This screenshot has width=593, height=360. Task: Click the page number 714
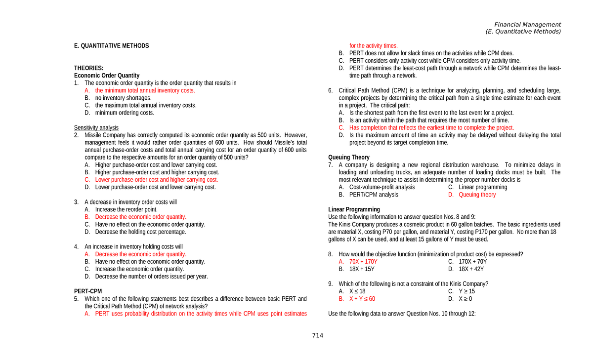click(317, 336)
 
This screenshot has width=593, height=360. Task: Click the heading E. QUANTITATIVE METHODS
click(111, 46)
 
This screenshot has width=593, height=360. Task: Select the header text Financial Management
click(528, 25)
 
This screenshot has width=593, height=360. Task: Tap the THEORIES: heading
click(89, 68)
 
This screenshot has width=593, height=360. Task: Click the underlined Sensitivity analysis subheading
click(96, 127)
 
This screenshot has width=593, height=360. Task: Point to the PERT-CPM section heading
click(88, 291)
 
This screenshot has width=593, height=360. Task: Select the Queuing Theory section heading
click(349, 158)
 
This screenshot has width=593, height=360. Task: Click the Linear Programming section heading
click(354, 209)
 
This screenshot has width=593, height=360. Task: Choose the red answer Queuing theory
click(477, 195)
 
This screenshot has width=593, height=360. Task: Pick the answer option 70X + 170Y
click(363, 262)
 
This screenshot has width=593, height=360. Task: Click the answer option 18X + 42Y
click(471, 269)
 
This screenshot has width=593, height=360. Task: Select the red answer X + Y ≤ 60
click(362, 299)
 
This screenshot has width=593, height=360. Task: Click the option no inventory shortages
click(123, 98)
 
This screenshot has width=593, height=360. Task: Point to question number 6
click(331, 90)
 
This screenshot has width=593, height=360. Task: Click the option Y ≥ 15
click(466, 291)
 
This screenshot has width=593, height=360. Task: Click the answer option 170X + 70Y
click(472, 262)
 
